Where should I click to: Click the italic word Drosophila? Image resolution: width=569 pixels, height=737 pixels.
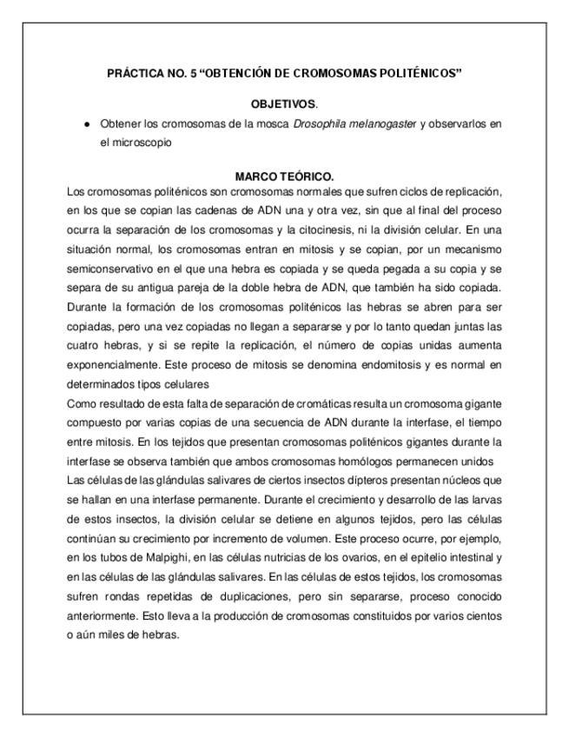(x=322, y=123)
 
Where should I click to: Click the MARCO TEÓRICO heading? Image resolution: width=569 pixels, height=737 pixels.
(x=284, y=176)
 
